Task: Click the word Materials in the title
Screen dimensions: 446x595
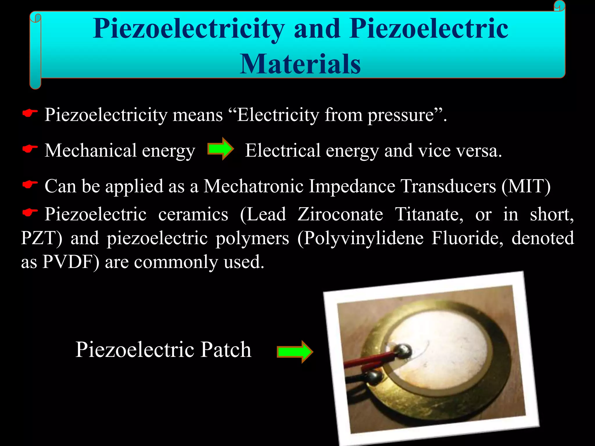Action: click(300, 64)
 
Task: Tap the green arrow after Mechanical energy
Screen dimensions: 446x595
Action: click(221, 149)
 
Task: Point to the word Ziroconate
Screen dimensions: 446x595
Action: click(340, 215)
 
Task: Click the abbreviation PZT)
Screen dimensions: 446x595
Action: click(42, 238)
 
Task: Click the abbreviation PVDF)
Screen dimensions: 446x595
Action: click(71, 262)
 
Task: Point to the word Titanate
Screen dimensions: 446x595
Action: click(429, 215)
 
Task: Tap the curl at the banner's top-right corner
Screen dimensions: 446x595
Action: click(559, 6)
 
